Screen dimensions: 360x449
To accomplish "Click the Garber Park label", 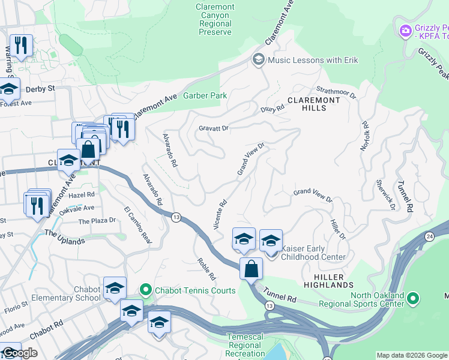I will (x=205, y=95).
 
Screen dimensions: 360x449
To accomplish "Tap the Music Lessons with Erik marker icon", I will (x=259, y=59).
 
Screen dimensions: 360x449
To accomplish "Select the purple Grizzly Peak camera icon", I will (x=406, y=29).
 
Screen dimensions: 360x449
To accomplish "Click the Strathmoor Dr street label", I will (x=337, y=92).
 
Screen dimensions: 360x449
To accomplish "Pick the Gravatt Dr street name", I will (x=214, y=128).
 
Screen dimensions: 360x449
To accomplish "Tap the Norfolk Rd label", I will (x=365, y=137).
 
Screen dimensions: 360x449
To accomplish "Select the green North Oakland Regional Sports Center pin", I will (x=412, y=298).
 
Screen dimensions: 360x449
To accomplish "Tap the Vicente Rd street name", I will (x=220, y=214).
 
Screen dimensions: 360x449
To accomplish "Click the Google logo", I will (x=20, y=353).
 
